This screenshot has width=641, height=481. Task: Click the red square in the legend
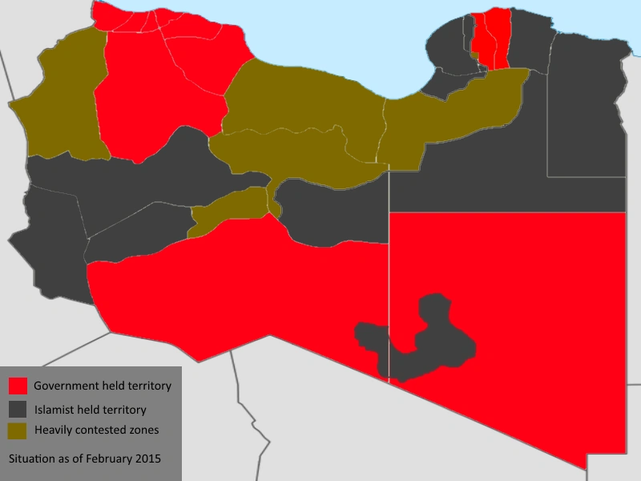pyautogui.click(x=18, y=386)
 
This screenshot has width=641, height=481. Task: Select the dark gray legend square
pyautogui.click(x=18, y=409)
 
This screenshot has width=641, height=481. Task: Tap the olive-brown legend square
pyautogui.click(x=18, y=430)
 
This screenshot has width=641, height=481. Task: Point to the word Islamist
pyautogui.click(x=54, y=410)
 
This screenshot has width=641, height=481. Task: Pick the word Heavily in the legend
pyautogui.click(x=53, y=430)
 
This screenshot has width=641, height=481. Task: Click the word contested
pyautogui.click(x=102, y=430)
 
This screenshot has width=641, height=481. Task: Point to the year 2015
pyautogui.click(x=149, y=459)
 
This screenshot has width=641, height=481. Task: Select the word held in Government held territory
pyautogui.click(x=113, y=386)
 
